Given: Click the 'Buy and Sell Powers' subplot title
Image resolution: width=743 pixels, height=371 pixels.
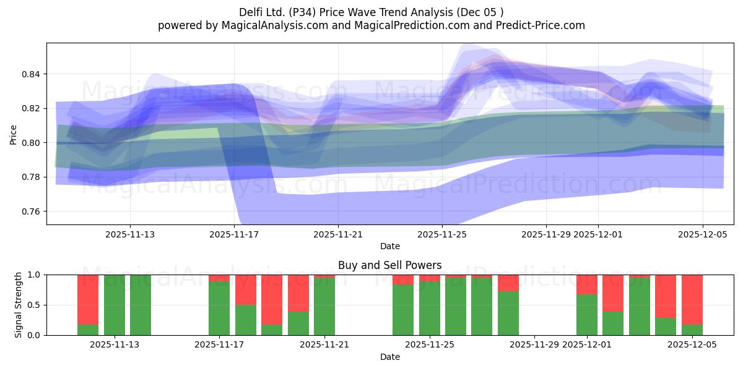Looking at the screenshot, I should (389, 265).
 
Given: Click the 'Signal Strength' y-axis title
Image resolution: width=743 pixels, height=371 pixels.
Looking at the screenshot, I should (19, 305).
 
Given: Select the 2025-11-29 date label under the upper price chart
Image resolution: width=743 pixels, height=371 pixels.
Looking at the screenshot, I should (545, 234).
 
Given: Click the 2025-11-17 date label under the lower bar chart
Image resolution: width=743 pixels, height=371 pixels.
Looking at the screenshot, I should (220, 345).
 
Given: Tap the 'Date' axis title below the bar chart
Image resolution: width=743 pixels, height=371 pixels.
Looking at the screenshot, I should (389, 357).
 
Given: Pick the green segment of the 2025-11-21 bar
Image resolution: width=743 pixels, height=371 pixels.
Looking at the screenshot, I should (324, 307).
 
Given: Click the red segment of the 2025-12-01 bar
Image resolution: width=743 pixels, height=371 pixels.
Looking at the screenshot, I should (586, 284).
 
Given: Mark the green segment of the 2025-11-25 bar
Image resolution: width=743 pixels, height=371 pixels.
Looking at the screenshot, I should (429, 309).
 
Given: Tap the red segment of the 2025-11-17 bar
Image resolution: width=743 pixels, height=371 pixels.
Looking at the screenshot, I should (219, 278).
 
